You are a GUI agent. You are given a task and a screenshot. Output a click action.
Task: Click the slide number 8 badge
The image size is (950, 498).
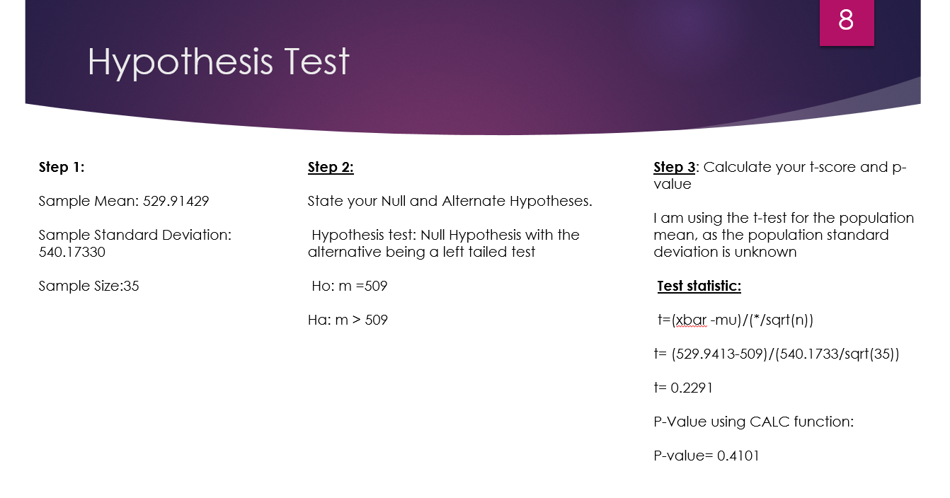pos(846,21)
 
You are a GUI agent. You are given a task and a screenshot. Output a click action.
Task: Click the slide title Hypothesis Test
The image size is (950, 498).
pos(218,62)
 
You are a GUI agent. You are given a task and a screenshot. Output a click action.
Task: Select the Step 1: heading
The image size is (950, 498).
pos(62,167)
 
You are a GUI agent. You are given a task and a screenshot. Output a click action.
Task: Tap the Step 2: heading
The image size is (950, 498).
pos(331,167)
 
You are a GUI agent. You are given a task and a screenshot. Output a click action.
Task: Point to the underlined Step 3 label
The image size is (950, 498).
pos(674,167)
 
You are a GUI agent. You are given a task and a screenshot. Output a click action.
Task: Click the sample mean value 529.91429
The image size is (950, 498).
pos(176,201)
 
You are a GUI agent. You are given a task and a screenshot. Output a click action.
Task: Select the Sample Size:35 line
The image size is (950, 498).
pos(88,286)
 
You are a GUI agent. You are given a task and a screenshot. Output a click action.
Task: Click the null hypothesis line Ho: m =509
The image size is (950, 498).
pos(349,286)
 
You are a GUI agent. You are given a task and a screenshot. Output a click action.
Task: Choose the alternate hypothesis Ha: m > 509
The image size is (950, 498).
pos(348,320)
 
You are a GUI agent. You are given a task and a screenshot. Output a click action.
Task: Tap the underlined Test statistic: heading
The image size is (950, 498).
pos(699,286)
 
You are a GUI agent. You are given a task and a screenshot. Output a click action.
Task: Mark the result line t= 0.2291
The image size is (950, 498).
pos(683,388)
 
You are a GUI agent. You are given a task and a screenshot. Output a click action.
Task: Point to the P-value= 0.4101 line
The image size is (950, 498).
pos(706,456)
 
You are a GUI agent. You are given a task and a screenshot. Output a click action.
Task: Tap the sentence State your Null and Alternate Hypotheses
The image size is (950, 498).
pos(450,201)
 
